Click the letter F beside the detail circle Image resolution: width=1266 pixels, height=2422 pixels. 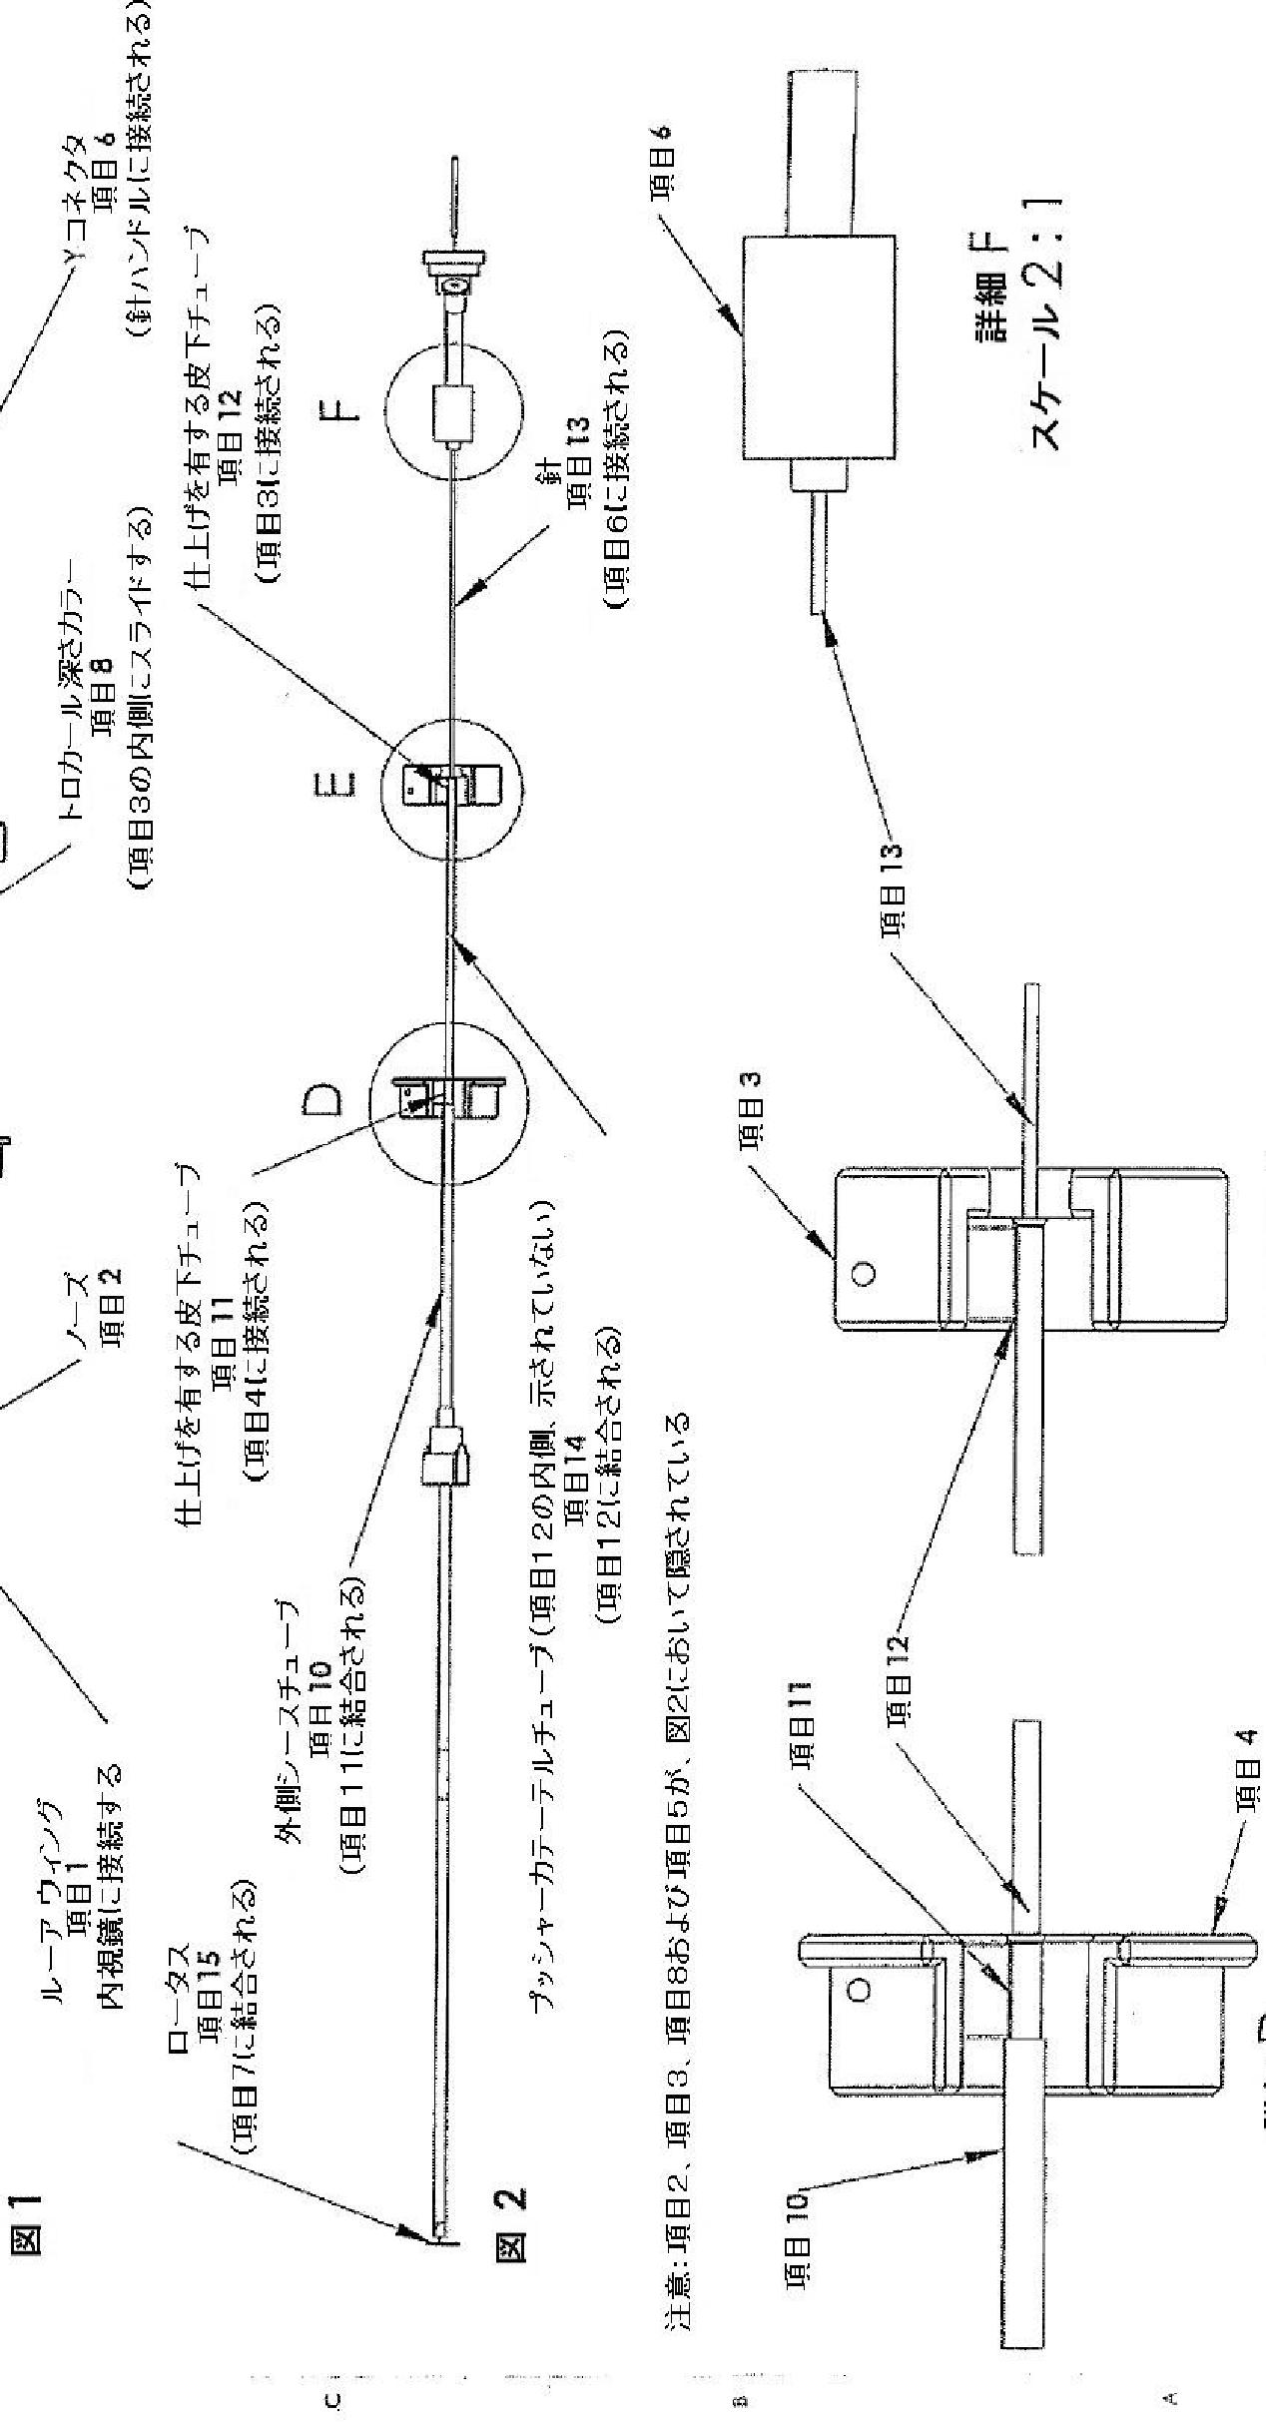[x=342, y=408]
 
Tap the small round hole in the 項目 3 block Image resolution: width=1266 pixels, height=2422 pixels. [x=865, y=1273]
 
